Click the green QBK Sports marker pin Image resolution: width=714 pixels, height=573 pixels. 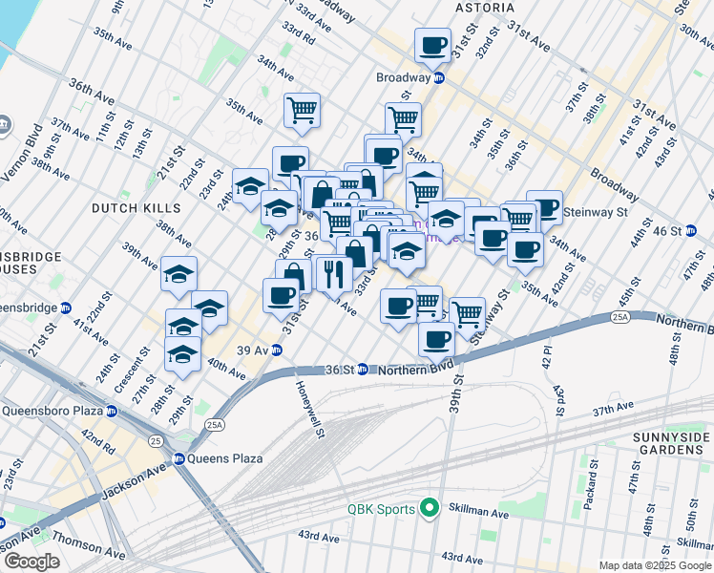[430, 509]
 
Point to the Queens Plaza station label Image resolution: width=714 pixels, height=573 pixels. [223, 458]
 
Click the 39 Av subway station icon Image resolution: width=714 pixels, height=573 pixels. [276, 350]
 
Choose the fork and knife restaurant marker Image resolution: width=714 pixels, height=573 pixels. [332, 274]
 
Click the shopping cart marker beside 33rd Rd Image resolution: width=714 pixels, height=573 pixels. [302, 110]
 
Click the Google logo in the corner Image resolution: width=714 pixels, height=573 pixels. [31, 562]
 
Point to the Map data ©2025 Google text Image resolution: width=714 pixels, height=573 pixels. [656, 565]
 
